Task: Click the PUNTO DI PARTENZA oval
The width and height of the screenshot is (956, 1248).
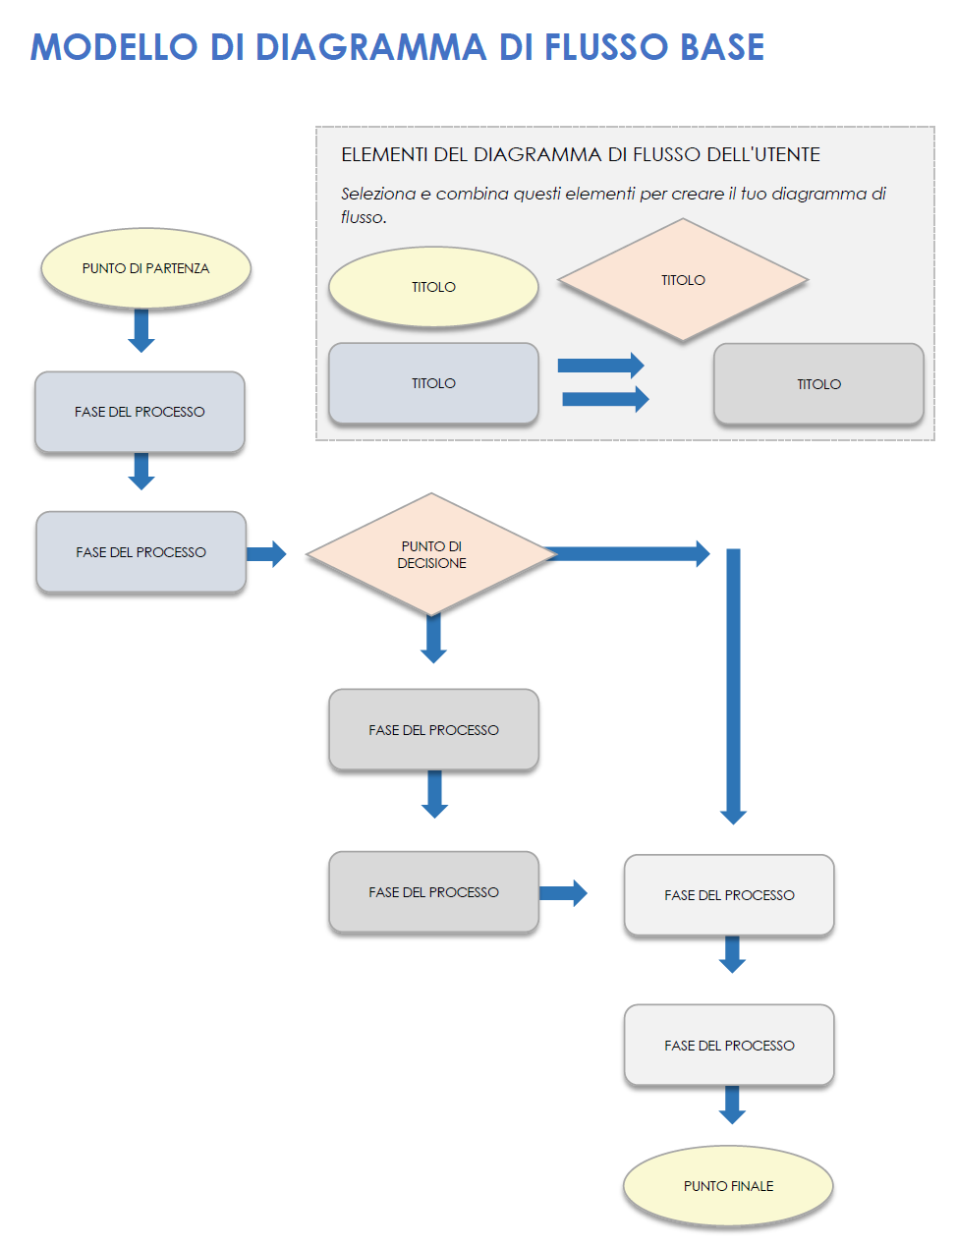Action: pyautogui.click(x=145, y=268)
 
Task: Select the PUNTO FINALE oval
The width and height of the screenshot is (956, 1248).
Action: pyautogui.click(x=728, y=1186)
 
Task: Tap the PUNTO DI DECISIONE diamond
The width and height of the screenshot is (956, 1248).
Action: pyautogui.click(x=431, y=554)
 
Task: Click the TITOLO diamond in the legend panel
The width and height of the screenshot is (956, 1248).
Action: pyautogui.click(x=683, y=280)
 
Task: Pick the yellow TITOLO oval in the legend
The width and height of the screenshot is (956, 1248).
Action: pyautogui.click(x=433, y=287)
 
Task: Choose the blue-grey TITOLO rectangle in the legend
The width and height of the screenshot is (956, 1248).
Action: pyautogui.click(x=433, y=383)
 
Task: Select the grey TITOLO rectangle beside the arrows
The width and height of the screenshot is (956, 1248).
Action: pyautogui.click(x=818, y=384)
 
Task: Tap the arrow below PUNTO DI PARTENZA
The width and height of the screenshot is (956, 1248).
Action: pyautogui.click(x=141, y=330)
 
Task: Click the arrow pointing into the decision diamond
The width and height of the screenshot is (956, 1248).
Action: pyautogui.click(x=265, y=554)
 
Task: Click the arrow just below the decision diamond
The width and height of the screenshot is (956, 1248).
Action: pyautogui.click(x=433, y=638)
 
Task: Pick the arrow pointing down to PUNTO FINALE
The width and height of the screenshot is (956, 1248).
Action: pyautogui.click(x=732, y=1105)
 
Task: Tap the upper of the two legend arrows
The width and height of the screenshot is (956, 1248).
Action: pyautogui.click(x=600, y=366)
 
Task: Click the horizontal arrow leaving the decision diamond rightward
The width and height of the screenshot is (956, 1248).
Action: pyautogui.click(x=629, y=553)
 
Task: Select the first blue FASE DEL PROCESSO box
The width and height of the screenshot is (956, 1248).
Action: pyautogui.click(x=140, y=412)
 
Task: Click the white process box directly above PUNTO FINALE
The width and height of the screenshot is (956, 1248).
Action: pyautogui.click(x=729, y=1045)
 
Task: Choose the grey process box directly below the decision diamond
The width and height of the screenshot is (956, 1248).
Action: pyautogui.click(x=433, y=729)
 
